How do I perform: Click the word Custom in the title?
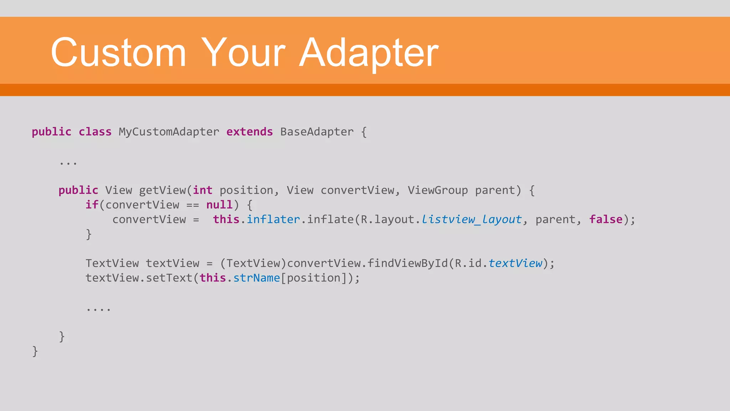tap(118, 52)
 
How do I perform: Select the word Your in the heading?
tap(243, 52)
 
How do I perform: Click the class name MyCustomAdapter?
tap(169, 132)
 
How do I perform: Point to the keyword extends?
tap(250, 132)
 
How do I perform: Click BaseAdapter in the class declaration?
tap(317, 132)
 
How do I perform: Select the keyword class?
tap(95, 132)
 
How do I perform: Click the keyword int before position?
tap(203, 191)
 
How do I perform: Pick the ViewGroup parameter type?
tap(438, 191)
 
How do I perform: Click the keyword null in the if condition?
tap(220, 205)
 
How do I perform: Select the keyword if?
tap(92, 205)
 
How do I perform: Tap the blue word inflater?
tap(273, 219)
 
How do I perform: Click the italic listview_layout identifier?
tap(472, 219)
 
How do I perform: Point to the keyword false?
tap(606, 219)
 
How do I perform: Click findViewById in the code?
tap(407, 263)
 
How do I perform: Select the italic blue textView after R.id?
tap(515, 263)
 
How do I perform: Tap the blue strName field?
tap(257, 278)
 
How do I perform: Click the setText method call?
tap(169, 278)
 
